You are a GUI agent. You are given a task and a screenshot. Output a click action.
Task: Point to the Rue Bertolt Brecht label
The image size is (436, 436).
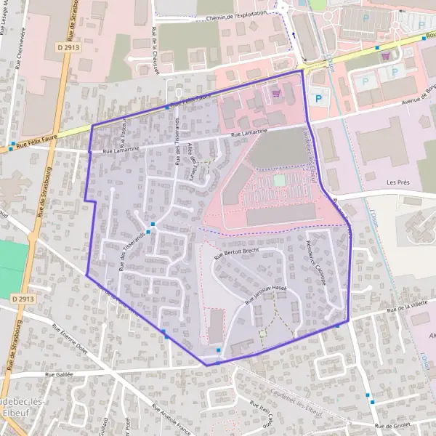(236, 251)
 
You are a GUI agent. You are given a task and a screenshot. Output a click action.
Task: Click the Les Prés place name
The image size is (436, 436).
(399, 182)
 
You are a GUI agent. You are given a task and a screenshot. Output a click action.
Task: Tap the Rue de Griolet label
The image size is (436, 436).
(393, 425)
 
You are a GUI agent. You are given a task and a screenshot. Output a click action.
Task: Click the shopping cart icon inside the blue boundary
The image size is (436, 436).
(275, 93)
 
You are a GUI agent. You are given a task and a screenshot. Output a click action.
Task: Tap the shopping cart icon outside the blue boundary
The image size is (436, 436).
(385, 55)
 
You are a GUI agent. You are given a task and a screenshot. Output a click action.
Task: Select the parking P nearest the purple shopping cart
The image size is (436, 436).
(395, 71)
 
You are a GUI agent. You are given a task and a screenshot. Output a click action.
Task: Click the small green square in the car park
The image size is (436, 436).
(280, 179)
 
